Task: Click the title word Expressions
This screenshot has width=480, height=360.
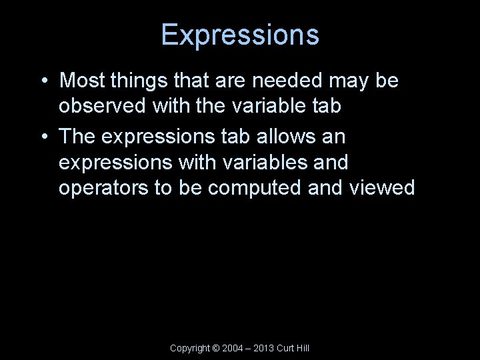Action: click(x=240, y=35)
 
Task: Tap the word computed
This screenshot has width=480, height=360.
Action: click(x=255, y=188)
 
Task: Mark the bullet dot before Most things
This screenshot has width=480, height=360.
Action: click(x=43, y=82)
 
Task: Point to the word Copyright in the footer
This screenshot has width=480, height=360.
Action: click(x=189, y=348)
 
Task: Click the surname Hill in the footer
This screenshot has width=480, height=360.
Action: click(x=303, y=348)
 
